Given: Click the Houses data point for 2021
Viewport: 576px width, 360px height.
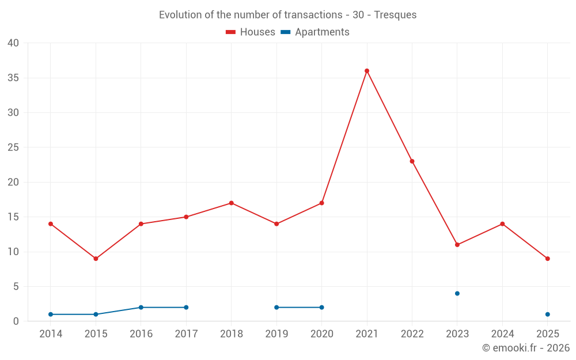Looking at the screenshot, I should [367, 71].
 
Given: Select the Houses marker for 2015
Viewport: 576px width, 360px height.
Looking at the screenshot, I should [96, 259].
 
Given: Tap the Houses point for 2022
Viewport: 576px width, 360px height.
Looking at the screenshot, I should [412, 161].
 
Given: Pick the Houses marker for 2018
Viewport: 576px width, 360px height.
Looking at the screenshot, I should [231, 203].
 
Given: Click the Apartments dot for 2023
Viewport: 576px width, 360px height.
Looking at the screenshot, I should [457, 293].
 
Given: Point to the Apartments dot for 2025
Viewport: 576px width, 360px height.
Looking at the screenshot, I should [547, 314].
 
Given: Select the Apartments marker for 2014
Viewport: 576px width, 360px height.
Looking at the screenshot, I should [51, 314].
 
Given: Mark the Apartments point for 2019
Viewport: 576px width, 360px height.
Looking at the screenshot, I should [276, 308].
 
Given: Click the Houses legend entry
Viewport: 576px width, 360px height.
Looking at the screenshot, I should [251, 32].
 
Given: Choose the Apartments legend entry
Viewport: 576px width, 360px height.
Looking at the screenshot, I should [316, 32].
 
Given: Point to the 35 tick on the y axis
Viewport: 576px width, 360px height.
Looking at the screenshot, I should [13, 78].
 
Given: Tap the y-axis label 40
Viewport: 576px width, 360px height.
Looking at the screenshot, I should [13, 43].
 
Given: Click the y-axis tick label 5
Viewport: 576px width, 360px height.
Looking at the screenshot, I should [16, 286].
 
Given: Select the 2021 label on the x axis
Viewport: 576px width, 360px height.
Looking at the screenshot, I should [367, 334].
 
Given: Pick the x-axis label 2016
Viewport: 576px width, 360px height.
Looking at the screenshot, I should [141, 334].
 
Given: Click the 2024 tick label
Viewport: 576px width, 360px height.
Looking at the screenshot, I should [502, 334].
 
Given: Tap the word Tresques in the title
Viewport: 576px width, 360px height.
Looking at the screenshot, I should [395, 15].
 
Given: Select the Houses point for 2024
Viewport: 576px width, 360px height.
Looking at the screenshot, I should [502, 224].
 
